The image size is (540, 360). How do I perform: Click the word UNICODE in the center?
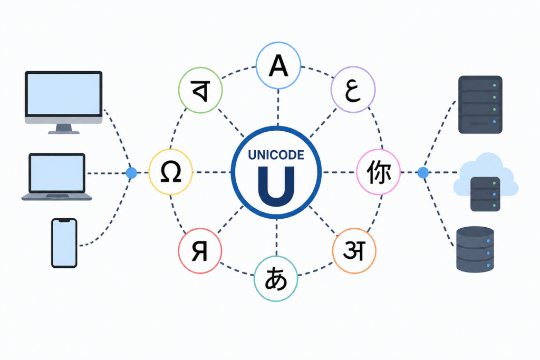(276, 155)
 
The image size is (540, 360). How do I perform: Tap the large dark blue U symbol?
(276, 186)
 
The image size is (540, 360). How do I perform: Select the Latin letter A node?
(278, 65)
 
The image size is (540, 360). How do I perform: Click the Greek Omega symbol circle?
(170, 172)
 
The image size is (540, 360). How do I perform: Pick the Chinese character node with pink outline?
(378, 172)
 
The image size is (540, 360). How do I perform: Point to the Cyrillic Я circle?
(200, 251)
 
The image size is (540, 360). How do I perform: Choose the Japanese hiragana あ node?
(275, 279)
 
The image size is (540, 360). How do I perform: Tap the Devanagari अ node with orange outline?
(354, 251)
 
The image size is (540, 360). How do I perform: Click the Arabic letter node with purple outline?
(353, 90)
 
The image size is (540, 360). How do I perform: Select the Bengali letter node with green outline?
(200, 90)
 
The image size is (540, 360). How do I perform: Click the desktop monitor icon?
(64, 102)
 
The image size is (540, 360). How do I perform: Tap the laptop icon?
(57, 177)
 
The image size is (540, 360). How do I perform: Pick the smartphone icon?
(64, 243)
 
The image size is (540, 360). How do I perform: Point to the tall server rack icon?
(480, 105)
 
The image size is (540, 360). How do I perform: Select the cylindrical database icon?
(475, 249)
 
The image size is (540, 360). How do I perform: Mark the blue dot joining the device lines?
(131, 173)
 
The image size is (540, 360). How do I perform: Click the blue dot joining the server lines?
(423, 172)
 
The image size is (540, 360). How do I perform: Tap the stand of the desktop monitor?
(64, 129)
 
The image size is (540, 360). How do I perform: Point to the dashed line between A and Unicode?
(278, 108)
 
